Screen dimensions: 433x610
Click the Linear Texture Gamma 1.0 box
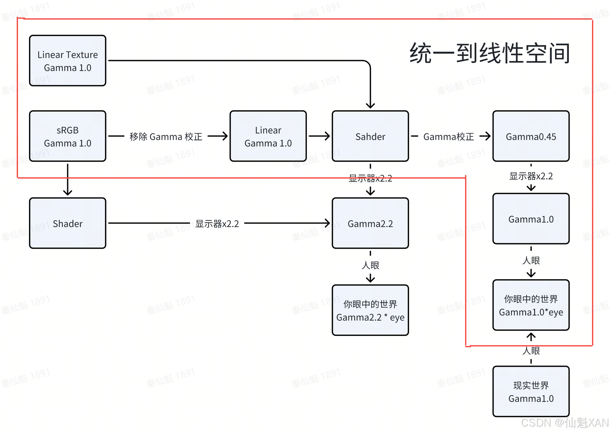tap(67, 61)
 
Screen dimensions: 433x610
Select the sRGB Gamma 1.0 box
tap(67, 136)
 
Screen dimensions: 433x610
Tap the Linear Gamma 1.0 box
tap(268, 136)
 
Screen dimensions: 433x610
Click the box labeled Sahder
tap(370, 136)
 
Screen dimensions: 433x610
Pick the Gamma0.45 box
tap(531, 136)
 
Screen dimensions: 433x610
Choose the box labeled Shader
tap(67, 223)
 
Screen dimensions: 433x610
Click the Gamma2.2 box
tap(370, 223)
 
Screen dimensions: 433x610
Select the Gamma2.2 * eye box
tap(370, 310)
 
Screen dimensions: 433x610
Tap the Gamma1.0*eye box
tap(531, 305)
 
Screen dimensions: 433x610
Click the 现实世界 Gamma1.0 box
tap(531, 392)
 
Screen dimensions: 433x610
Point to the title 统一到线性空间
tap(490, 53)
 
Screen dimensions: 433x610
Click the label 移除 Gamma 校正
tap(166, 137)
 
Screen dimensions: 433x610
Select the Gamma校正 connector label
tap(448, 137)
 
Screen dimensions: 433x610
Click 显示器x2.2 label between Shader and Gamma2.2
tap(217, 224)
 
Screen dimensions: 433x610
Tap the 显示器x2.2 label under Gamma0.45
tap(531, 176)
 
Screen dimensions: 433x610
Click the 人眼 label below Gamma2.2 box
tap(370, 265)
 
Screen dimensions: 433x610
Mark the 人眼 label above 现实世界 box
tap(531, 350)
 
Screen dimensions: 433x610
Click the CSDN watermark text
tap(565, 423)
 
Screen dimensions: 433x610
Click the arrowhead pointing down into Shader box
tap(67, 193)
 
